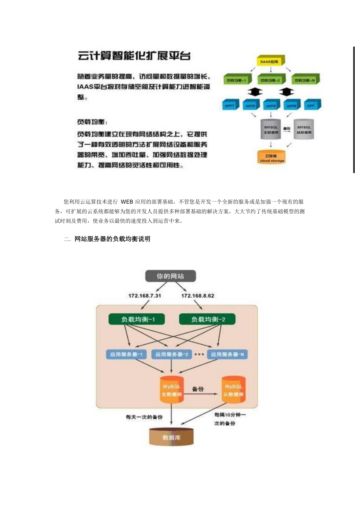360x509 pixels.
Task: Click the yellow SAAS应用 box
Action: (269, 61)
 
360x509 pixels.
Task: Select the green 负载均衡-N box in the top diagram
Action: (305, 80)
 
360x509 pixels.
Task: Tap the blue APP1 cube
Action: (230, 106)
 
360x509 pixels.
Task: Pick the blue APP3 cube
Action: (271, 106)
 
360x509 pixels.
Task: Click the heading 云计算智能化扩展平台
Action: (134, 56)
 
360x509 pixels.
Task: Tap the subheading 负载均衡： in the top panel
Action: (92, 122)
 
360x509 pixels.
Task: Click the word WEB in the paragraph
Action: (127, 202)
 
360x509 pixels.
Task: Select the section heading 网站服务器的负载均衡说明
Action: (113, 239)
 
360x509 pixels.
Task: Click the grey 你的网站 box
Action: (171, 276)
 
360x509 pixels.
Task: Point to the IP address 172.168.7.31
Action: (144, 296)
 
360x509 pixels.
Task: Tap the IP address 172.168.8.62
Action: (197, 296)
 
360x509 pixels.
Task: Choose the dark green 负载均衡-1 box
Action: (138, 319)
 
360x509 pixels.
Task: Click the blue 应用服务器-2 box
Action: (172, 354)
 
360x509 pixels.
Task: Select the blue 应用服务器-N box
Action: (227, 354)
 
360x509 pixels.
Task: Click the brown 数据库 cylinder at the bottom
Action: (172, 437)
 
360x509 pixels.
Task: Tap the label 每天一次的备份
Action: (144, 417)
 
